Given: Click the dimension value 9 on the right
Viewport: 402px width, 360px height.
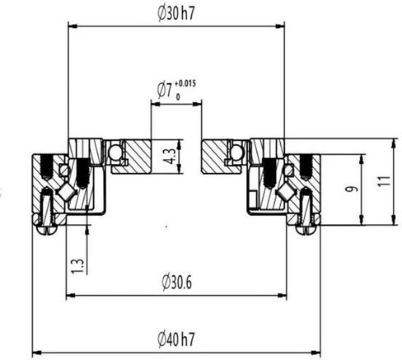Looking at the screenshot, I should pyautogui.click(x=352, y=189).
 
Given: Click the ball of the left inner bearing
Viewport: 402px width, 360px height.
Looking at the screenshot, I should pyautogui.click(x=114, y=152).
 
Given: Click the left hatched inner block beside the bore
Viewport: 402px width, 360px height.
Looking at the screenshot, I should pyautogui.click(x=132, y=157).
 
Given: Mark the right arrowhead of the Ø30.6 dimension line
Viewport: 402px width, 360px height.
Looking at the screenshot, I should pyautogui.click(x=282, y=294).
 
